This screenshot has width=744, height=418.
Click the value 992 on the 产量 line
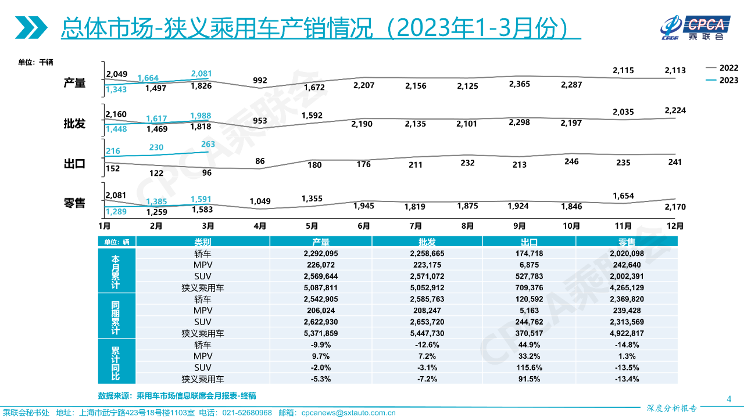260,80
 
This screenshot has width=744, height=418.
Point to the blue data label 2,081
201,74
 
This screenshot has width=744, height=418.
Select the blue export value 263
208,144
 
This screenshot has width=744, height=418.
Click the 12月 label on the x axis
675,225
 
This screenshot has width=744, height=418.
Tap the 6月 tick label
364,225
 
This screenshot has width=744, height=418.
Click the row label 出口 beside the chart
74,164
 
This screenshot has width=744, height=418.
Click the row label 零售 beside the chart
74,203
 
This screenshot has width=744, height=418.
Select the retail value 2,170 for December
675,207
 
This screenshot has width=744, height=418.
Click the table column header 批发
427,242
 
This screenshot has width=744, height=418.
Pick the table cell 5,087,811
320,287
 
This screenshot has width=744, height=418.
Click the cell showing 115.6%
529,367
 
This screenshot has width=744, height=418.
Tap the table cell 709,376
529,287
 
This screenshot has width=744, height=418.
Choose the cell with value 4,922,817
627,333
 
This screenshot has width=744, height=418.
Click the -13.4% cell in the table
627,379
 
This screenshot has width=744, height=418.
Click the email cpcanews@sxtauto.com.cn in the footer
348,413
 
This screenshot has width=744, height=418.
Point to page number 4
729,398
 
